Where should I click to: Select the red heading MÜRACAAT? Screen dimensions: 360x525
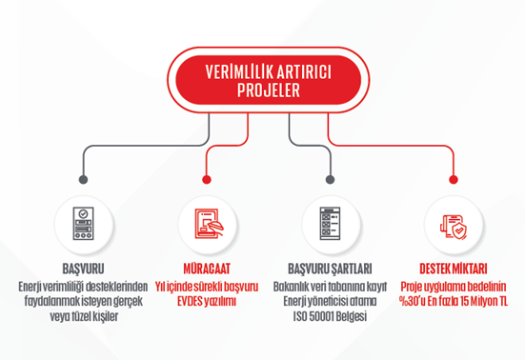pyautogui.click(x=208, y=270)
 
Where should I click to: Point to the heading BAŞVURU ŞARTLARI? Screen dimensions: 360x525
pyautogui.click(x=330, y=270)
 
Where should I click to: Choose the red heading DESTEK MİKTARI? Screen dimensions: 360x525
pyautogui.click(x=453, y=270)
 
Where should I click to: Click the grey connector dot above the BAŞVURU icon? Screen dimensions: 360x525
pyautogui.click(x=84, y=178)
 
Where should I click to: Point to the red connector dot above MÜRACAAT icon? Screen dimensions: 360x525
pyautogui.click(x=208, y=178)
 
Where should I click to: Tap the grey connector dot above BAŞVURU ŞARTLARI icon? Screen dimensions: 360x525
pyautogui.click(x=330, y=178)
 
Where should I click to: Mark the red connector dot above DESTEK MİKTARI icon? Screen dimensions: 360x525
pyautogui.click(x=453, y=178)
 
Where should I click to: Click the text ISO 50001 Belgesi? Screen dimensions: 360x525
pyautogui.click(x=330, y=315)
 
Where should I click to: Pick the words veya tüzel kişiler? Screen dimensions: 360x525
pyautogui.click(x=84, y=315)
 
